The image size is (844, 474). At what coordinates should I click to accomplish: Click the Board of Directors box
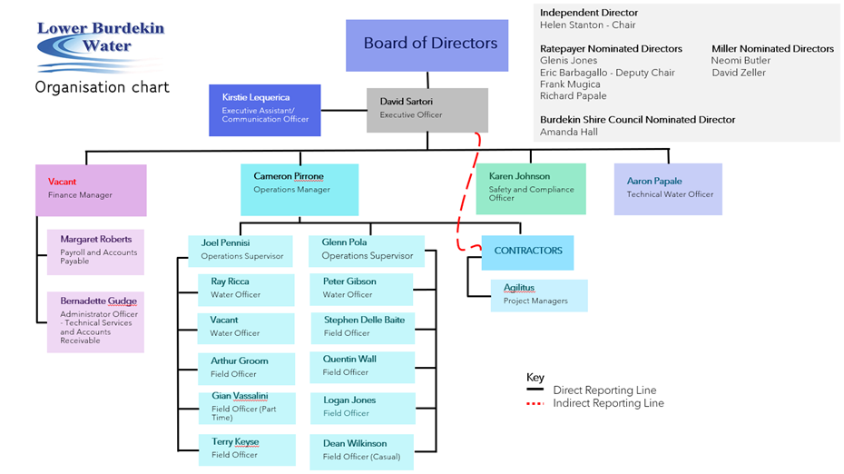427,44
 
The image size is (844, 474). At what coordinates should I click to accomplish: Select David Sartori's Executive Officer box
427,110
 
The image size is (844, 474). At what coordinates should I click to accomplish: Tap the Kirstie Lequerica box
264,110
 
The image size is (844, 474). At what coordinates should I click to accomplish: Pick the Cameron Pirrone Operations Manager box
299,189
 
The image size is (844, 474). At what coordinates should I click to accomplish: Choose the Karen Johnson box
531,188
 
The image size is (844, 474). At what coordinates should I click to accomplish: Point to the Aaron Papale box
668,189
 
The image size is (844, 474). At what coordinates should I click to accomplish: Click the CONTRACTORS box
528,252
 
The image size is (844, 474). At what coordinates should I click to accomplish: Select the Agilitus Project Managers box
539,294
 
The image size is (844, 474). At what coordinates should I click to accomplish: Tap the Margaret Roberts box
95,252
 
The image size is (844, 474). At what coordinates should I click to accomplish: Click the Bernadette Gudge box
95,321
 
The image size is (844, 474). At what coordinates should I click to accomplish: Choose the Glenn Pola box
366,250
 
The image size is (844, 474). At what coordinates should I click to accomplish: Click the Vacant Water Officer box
246,327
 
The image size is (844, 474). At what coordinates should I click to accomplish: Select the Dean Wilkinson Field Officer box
361,450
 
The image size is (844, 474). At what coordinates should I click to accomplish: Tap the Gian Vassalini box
246,407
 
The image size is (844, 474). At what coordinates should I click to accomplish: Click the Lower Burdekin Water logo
100,45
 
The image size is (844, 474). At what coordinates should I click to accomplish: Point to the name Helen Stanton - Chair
588,25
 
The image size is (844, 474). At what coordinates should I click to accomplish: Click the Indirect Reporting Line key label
608,403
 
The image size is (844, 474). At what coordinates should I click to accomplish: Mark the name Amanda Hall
569,132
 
